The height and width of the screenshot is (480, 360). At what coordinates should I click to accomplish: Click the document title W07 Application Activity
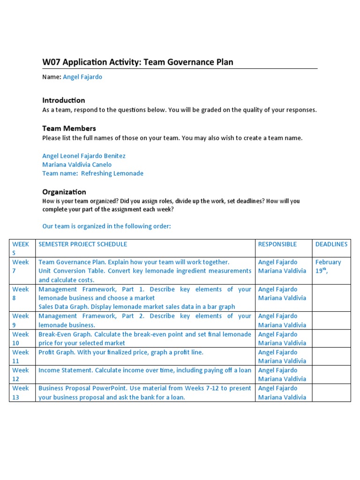137,62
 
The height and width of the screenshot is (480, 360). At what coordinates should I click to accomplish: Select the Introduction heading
64,100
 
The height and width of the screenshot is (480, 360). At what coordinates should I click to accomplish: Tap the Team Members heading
69,128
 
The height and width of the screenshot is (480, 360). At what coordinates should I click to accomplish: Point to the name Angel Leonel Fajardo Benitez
84,156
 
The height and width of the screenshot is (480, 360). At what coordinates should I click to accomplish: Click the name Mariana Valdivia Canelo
77,165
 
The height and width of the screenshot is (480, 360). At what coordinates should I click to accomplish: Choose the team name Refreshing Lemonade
112,173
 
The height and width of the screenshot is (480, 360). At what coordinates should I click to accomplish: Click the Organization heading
64,192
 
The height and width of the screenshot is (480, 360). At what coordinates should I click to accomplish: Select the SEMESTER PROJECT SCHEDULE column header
82,244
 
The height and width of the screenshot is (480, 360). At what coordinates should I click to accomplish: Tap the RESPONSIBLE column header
277,244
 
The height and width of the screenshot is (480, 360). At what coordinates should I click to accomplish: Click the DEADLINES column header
331,244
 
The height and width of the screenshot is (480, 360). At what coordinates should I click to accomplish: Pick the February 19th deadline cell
328,266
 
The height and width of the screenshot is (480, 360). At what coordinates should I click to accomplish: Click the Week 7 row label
21,266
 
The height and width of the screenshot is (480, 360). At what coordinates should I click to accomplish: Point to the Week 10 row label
21,338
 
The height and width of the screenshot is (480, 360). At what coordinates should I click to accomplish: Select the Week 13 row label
21,392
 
